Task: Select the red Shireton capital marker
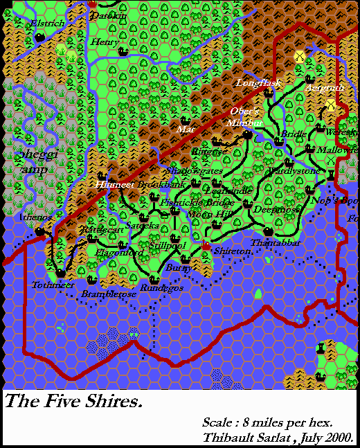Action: click(206, 246)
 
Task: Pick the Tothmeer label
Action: click(53, 285)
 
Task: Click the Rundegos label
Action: click(162, 287)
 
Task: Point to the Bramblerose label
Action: click(107, 294)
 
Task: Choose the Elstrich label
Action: click(48, 24)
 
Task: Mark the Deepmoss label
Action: click(276, 208)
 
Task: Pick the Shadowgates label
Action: click(186, 170)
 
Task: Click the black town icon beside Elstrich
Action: click(40, 37)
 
